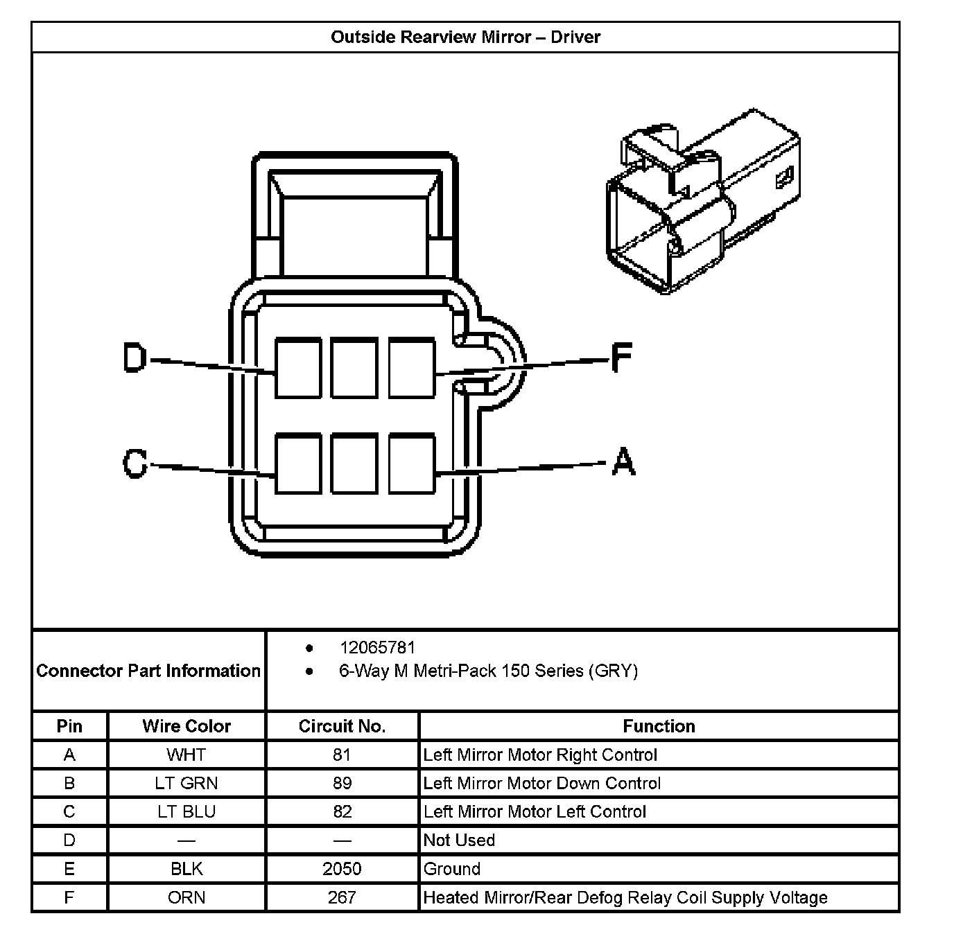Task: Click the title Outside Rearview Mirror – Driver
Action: click(x=465, y=37)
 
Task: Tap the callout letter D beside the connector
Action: click(x=135, y=358)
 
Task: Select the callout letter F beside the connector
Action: click(x=621, y=358)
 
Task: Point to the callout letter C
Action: click(x=135, y=463)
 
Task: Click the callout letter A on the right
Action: click(x=623, y=461)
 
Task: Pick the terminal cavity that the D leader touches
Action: click(x=298, y=367)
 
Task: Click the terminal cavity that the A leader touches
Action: click(x=412, y=464)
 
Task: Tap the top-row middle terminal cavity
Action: click(x=354, y=367)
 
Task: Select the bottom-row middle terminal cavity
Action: click(x=354, y=464)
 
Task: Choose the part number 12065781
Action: click(x=377, y=648)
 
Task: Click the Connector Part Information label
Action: click(x=148, y=671)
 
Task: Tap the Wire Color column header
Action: click(x=187, y=726)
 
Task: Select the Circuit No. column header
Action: click(x=342, y=726)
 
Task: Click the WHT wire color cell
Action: click(x=187, y=755)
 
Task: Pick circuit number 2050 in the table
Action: click(x=342, y=869)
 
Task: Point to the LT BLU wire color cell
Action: click(x=187, y=811)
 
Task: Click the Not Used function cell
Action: click(x=459, y=840)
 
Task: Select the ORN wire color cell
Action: click(x=187, y=897)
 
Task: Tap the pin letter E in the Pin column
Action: click(x=69, y=869)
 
